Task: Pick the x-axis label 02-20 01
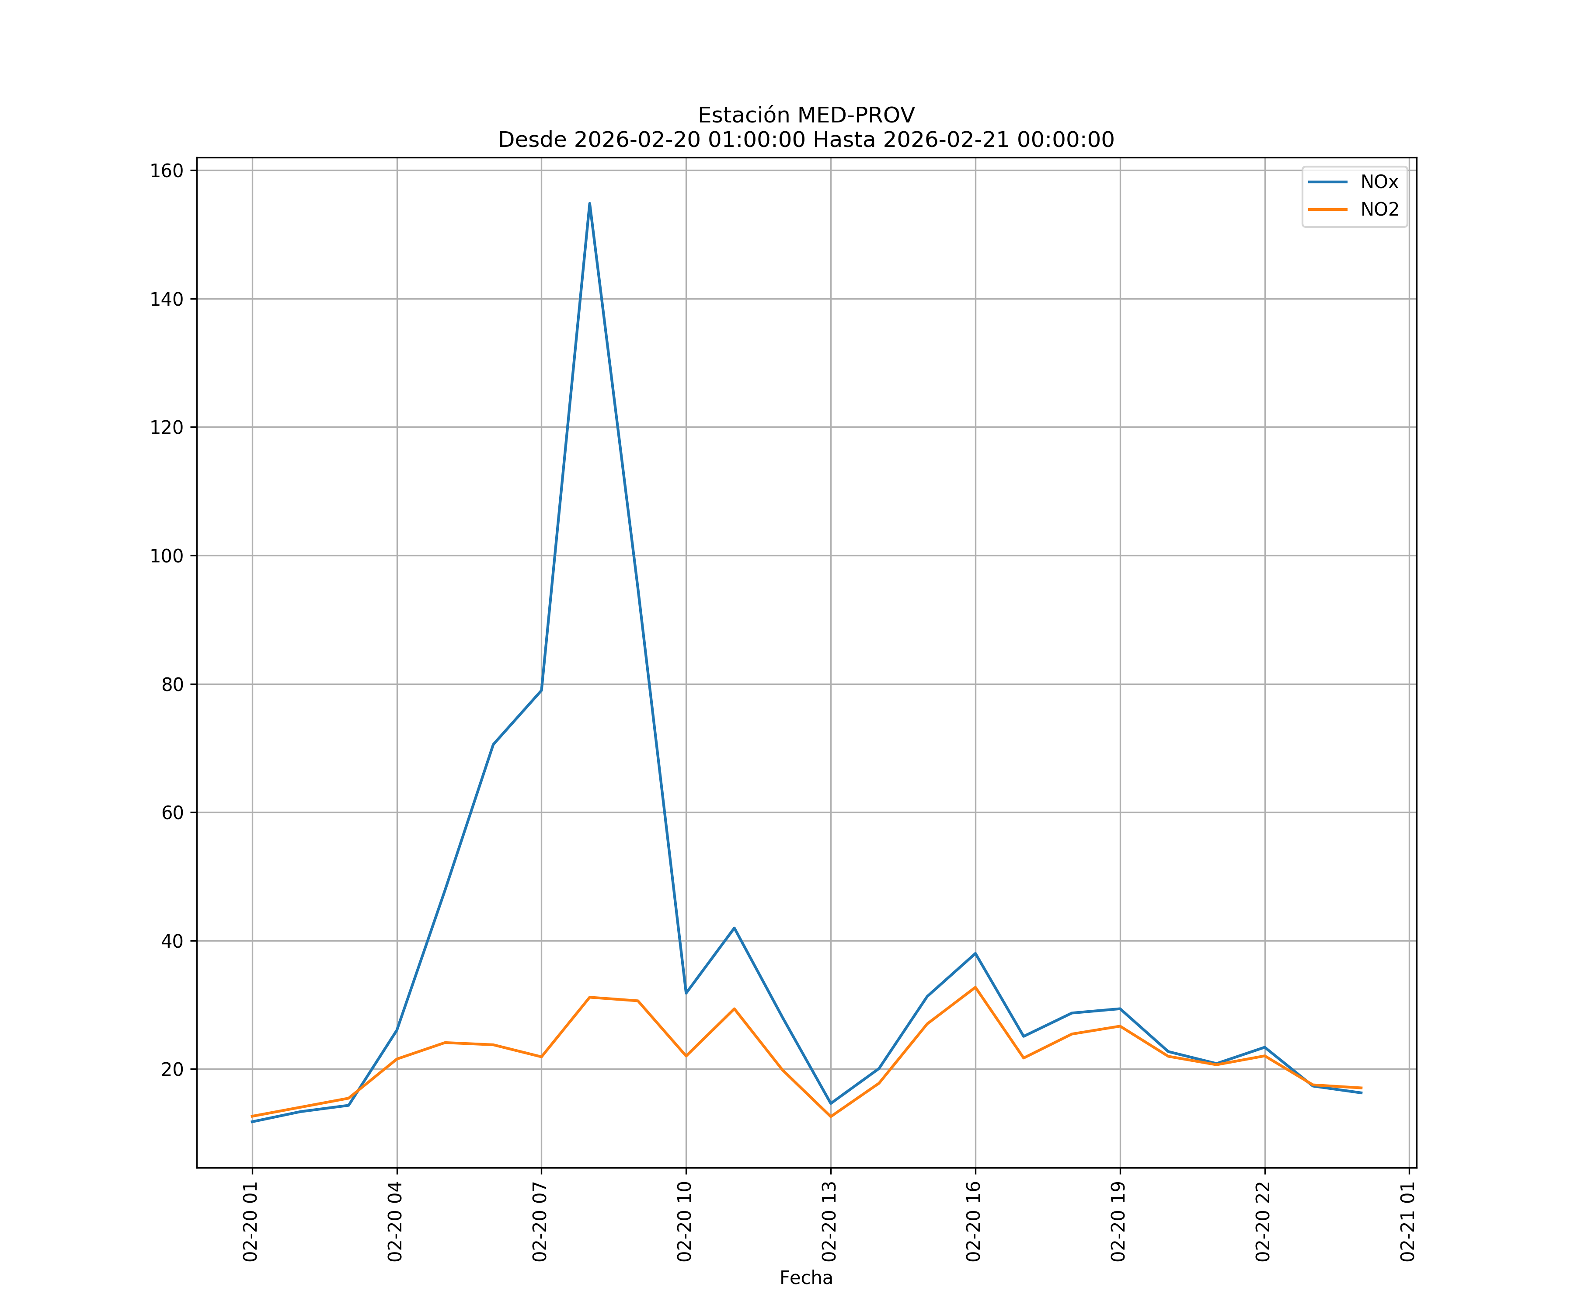point(251,1221)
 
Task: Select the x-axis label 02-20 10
point(684,1221)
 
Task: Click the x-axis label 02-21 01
point(1407,1221)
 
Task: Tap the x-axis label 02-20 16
point(974,1221)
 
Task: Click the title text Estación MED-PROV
point(806,115)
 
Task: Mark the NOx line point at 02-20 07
point(541,690)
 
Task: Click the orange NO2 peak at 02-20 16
point(975,987)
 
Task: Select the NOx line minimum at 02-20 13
point(830,1103)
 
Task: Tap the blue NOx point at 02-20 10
point(686,993)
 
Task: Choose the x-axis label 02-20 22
point(1263,1221)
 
